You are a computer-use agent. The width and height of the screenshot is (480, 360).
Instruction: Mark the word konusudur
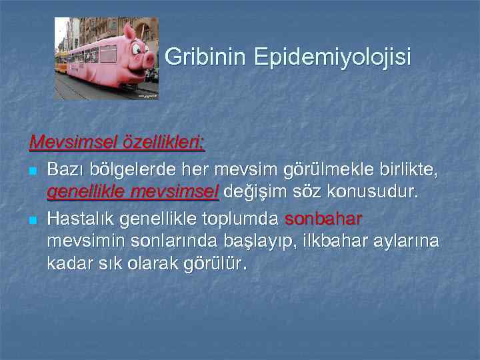coord(371,193)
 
